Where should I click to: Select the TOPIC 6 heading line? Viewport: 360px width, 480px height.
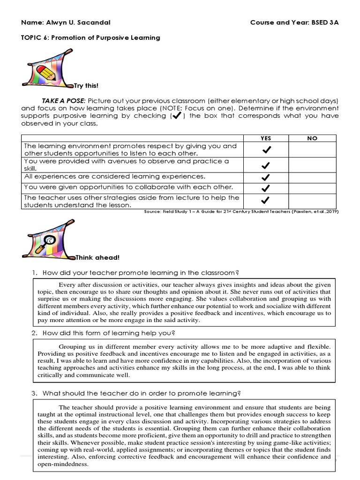click(x=91, y=37)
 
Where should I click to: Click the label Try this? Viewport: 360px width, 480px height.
click(x=87, y=86)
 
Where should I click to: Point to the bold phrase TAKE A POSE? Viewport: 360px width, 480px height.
click(x=63, y=101)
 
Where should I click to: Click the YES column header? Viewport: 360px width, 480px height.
click(x=265, y=138)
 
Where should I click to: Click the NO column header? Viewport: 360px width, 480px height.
click(x=312, y=138)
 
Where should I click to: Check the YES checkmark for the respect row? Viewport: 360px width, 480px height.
click(x=265, y=150)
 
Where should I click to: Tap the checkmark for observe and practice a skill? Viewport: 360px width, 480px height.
click(x=265, y=165)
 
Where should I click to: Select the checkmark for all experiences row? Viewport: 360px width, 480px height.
click(x=265, y=177)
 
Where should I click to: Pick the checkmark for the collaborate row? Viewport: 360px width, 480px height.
click(x=265, y=188)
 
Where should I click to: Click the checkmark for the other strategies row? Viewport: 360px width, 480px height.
click(x=265, y=201)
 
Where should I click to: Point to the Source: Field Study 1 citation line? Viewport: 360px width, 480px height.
click(x=241, y=212)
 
